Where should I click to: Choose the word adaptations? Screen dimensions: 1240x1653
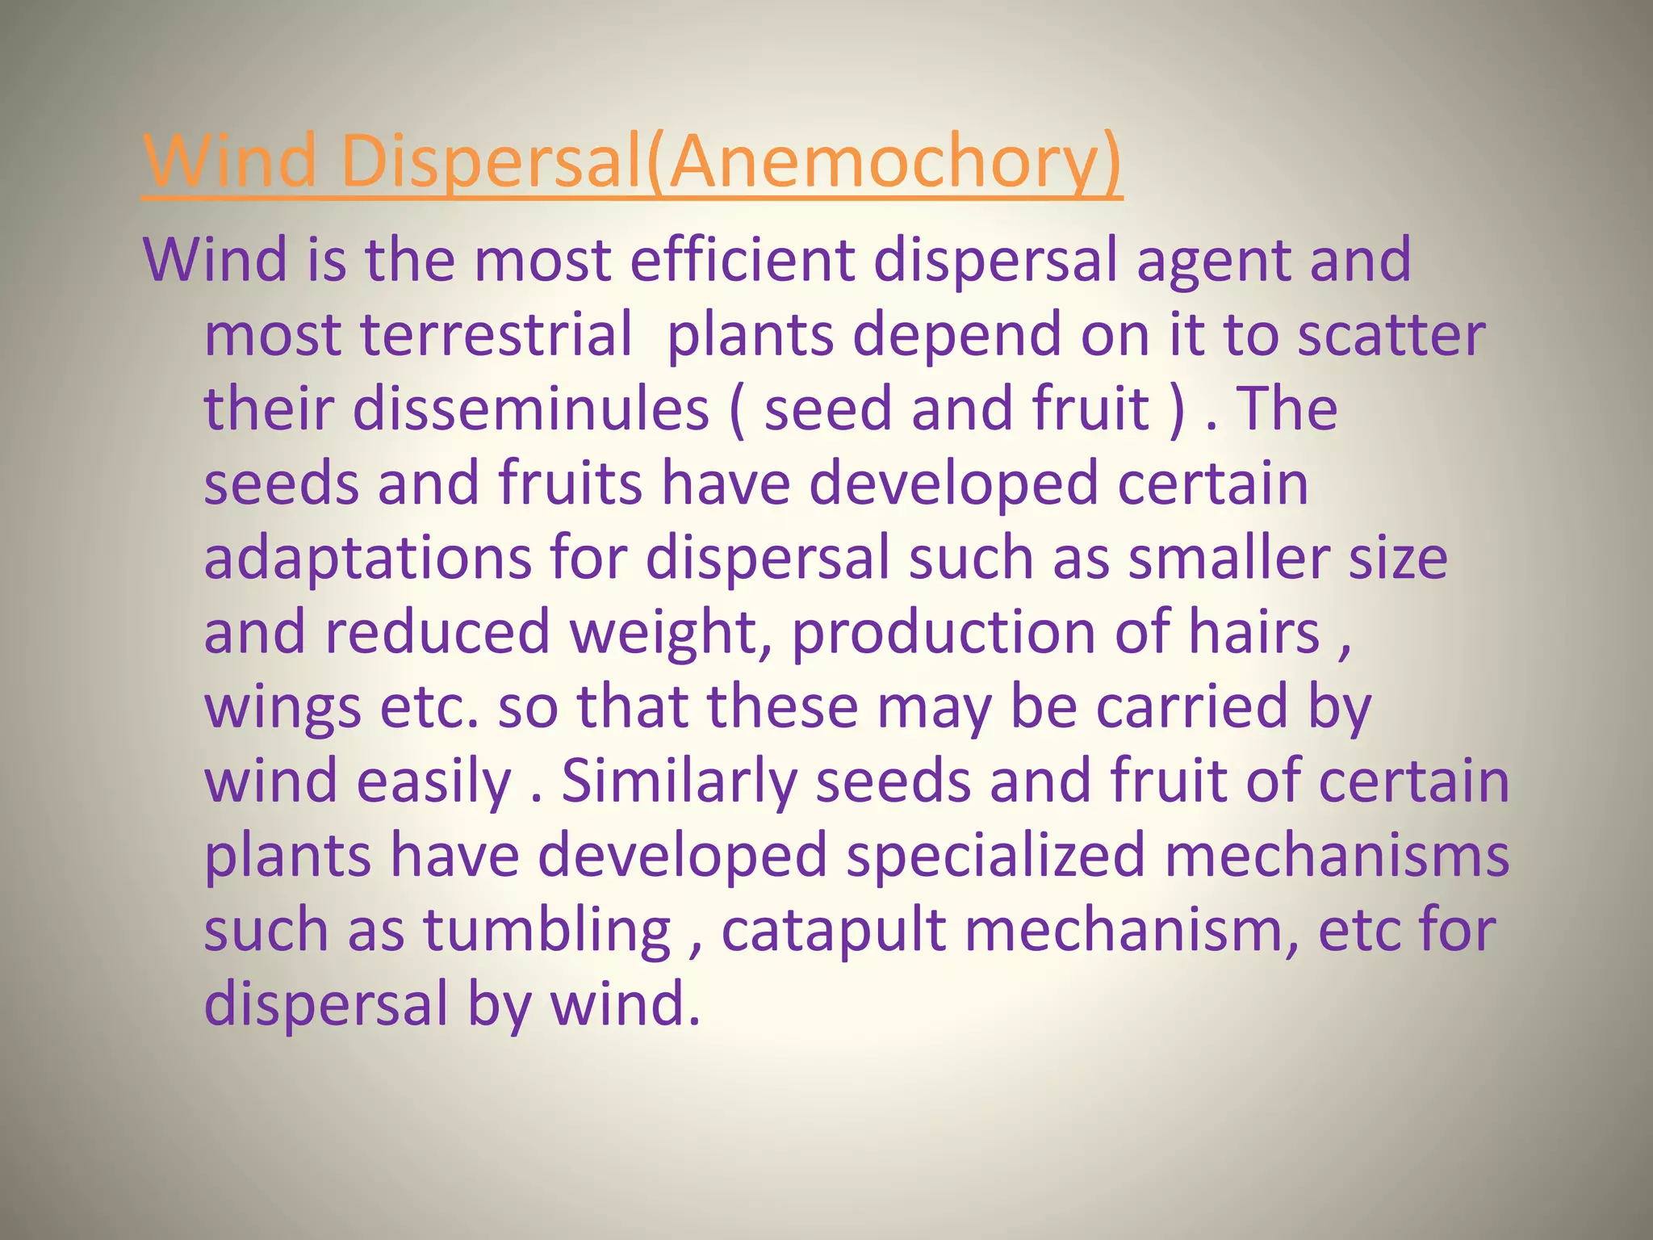click(x=367, y=559)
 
